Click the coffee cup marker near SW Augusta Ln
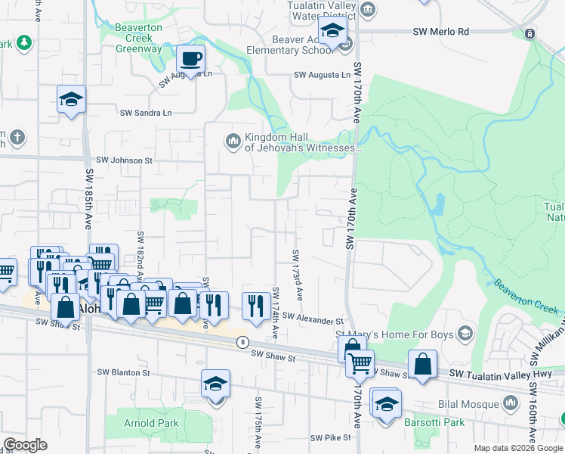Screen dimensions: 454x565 (191, 58)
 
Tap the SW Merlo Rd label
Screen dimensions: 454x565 (441, 32)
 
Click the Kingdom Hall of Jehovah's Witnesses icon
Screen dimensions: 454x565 (233, 141)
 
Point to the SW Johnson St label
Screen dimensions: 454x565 (124, 160)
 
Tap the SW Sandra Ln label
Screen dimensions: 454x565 (146, 113)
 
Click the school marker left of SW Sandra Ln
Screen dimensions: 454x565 (71, 99)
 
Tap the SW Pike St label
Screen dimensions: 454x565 (330, 437)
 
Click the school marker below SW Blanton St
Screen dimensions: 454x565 (215, 384)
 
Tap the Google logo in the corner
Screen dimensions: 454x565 (25, 445)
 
